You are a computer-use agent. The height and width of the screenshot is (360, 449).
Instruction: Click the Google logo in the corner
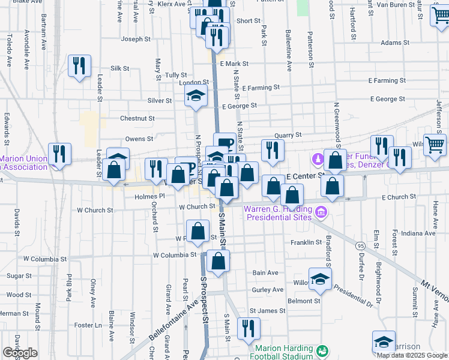point(20,353)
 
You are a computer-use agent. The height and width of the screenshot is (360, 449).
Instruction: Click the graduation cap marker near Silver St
point(196,96)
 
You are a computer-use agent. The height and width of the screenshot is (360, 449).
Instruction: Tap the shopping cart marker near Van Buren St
point(441,16)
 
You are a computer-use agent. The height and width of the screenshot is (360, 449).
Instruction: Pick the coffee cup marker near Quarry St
point(224,143)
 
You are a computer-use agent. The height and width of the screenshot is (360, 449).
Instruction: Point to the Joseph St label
point(136,39)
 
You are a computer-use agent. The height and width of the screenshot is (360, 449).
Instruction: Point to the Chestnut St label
point(137,119)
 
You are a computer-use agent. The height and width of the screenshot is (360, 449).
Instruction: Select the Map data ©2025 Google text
point(412,355)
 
